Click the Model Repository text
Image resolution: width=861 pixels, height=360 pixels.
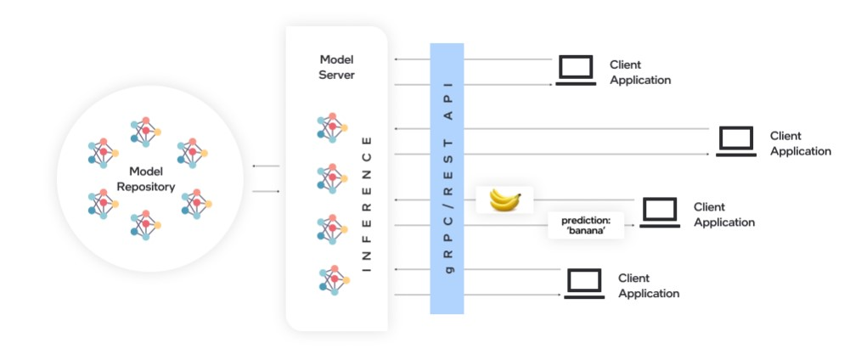point(146,179)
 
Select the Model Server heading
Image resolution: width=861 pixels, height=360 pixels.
point(336,67)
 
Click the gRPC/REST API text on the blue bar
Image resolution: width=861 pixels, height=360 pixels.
point(449,178)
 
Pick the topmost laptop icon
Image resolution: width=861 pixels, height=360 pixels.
point(575,70)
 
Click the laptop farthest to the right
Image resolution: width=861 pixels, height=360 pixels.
point(735,142)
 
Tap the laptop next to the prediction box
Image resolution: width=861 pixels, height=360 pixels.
point(659,211)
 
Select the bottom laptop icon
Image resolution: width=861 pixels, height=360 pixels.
point(583,283)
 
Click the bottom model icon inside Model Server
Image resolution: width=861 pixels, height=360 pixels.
point(332,279)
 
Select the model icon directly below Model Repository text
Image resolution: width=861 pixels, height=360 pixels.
point(146,225)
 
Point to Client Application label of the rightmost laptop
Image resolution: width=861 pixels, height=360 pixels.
point(800,143)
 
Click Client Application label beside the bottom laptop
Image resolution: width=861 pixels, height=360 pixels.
point(648,286)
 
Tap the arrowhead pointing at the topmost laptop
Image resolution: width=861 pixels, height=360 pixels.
point(554,85)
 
